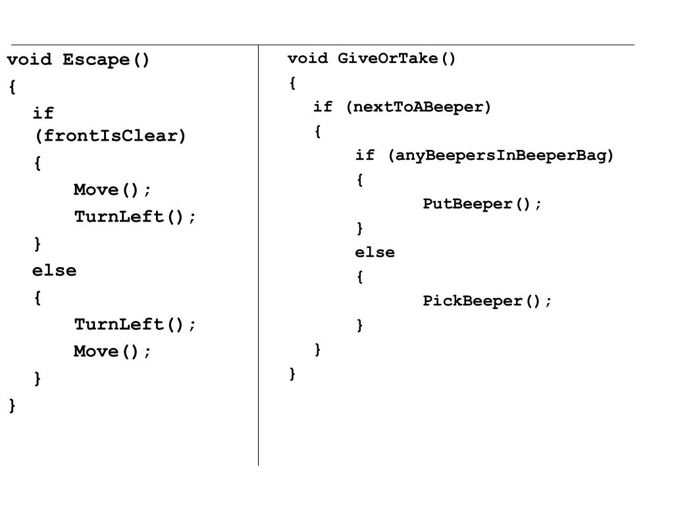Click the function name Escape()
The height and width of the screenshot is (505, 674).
pyautogui.click(x=107, y=60)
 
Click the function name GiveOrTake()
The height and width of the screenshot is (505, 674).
pyautogui.click(x=397, y=59)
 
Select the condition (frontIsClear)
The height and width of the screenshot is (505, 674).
pyautogui.click(x=111, y=136)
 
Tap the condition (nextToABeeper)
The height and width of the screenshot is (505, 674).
pyautogui.click(x=419, y=107)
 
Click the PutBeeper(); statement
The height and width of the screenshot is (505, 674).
pyautogui.click(x=482, y=204)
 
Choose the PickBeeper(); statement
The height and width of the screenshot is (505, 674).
pyautogui.click(x=488, y=301)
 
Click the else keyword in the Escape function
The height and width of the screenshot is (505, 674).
pyautogui.click(x=55, y=270)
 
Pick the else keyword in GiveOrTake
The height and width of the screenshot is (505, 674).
pyautogui.click(x=375, y=252)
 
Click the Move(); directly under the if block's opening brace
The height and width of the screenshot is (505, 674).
pyautogui.click(x=113, y=190)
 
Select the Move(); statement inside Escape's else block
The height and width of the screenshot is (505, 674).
pyautogui.click(x=113, y=351)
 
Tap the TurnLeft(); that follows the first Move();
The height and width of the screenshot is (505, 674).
pyautogui.click(x=135, y=217)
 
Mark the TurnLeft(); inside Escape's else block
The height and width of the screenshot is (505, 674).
pyautogui.click(x=135, y=324)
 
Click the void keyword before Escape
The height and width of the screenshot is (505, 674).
pyautogui.click(x=30, y=60)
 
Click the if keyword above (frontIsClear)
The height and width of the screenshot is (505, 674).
pyautogui.click(x=43, y=113)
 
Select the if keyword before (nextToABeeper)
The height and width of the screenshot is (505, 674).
pyautogui.click(x=323, y=107)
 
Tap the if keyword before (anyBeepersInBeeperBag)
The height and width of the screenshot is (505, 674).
pyautogui.click(x=365, y=155)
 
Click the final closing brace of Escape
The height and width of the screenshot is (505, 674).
pyautogui.click(x=13, y=405)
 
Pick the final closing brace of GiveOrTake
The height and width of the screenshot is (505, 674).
pyautogui.click(x=293, y=373)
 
